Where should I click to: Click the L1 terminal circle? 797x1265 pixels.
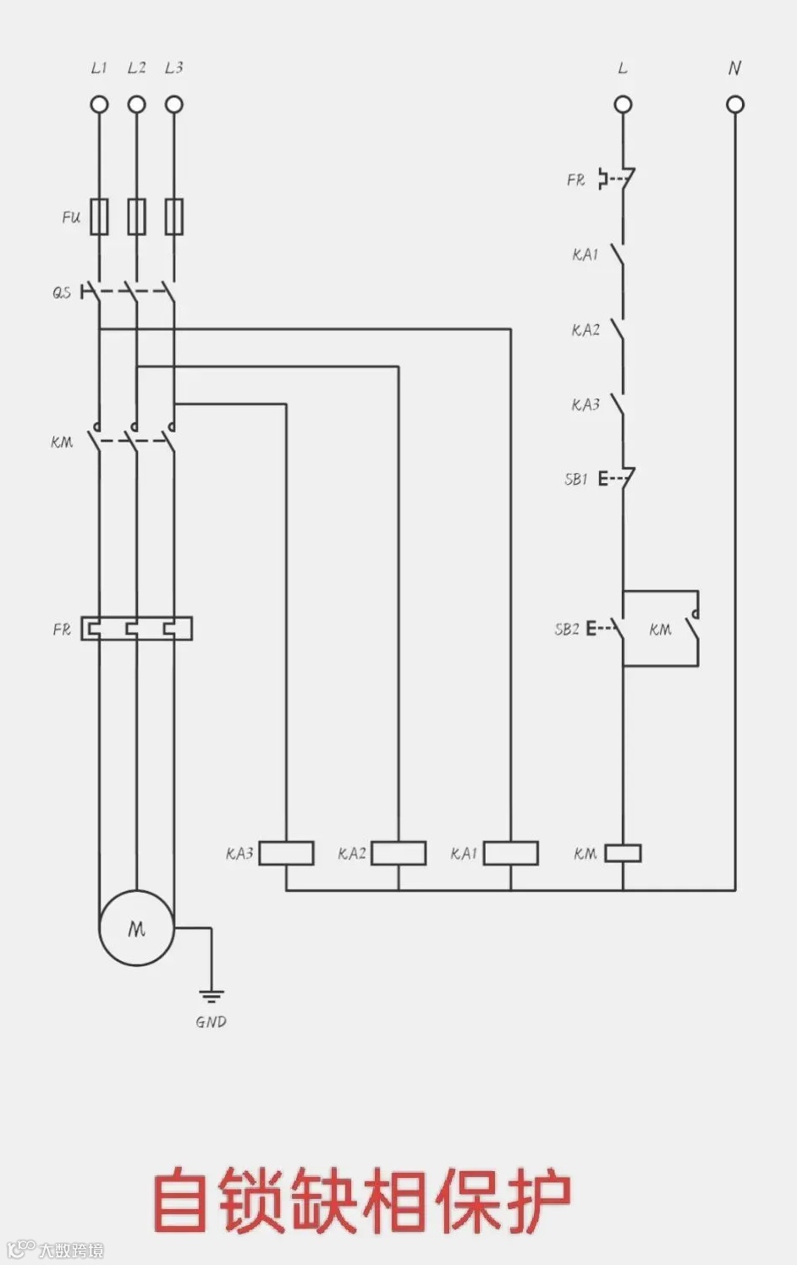click(x=99, y=104)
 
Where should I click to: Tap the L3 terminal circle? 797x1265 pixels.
click(x=173, y=104)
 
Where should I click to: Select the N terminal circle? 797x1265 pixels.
click(x=735, y=104)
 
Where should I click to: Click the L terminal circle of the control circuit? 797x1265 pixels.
click(x=623, y=104)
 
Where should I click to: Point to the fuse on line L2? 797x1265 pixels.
click(x=136, y=217)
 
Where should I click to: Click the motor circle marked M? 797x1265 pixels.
click(x=136, y=928)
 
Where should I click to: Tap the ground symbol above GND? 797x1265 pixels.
click(x=211, y=995)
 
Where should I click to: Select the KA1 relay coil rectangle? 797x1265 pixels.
click(x=510, y=853)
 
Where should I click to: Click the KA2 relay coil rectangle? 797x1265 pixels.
click(x=398, y=853)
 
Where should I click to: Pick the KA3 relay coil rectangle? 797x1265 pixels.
click(x=286, y=853)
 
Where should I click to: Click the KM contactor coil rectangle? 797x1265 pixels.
click(x=623, y=853)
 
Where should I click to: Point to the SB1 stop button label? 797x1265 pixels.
click(x=575, y=479)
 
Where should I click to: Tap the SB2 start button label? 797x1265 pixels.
click(x=566, y=629)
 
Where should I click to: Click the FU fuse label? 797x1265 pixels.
click(x=71, y=217)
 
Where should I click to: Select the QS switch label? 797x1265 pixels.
click(x=62, y=293)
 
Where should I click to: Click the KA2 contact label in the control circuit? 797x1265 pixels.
click(x=585, y=330)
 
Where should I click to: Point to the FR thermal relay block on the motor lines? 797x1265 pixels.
click(x=136, y=628)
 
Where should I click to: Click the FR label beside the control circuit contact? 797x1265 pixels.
click(x=575, y=179)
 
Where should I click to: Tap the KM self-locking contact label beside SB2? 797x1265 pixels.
click(x=660, y=630)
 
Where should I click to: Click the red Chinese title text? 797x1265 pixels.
click(x=362, y=1200)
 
